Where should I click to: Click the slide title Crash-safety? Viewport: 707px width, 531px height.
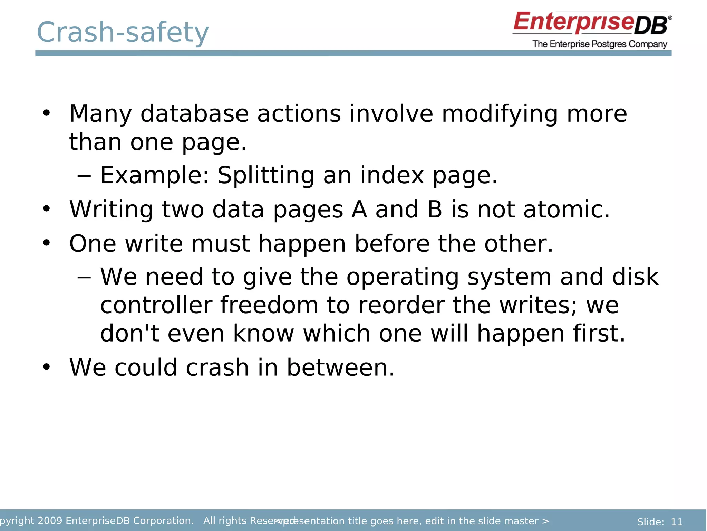coord(123,32)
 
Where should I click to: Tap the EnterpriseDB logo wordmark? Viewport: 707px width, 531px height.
coord(592,23)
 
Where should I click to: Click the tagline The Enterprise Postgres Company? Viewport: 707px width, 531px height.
coord(600,44)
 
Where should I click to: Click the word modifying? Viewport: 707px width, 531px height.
coord(500,114)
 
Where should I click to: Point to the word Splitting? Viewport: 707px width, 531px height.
coord(266,175)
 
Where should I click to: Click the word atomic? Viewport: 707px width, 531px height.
coord(566,209)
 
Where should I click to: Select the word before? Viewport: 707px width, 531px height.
coord(392,243)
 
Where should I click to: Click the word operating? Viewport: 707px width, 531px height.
coord(403,277)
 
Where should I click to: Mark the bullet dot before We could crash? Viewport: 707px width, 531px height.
coord(46,367)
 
